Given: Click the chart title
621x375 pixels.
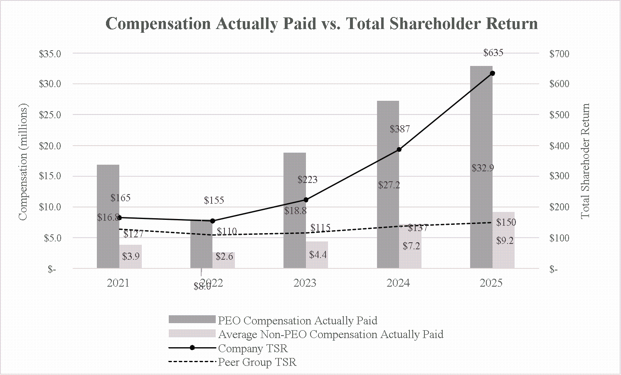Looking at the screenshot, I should (322, 24).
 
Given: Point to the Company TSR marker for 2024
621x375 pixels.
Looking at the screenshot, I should (399, 149).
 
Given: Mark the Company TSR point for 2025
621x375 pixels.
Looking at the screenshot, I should (493, 73).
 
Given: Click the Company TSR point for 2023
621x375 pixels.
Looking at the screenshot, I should (306, 200).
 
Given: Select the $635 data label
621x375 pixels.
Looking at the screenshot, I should (493, 53).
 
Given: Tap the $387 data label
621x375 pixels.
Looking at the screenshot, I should (400, 129).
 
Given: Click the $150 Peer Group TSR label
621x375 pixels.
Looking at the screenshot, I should (506, 222).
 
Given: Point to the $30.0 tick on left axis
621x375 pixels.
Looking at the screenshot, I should (50, 84).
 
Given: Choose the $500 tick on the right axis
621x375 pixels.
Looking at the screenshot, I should (559, 115).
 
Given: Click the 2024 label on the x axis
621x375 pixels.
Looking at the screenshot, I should (398, 283).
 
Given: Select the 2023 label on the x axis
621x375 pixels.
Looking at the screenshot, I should (305, 283).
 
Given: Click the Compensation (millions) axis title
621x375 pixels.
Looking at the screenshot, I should (23, 162).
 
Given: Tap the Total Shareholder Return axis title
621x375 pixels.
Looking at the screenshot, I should (585, 161).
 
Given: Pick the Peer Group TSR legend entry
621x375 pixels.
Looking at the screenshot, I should (257, 362).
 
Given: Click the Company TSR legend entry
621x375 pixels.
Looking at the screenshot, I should (253, 348).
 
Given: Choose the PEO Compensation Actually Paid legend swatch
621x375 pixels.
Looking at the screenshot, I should (192, 319).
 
